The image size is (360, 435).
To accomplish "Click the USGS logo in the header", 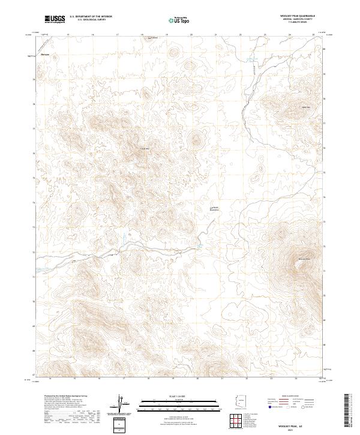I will coord(55,19).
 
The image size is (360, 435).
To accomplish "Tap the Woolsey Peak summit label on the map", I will coord(303,259).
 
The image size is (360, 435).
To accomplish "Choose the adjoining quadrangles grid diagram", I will coord(239,419).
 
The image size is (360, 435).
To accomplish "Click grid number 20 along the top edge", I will coord(191,34).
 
